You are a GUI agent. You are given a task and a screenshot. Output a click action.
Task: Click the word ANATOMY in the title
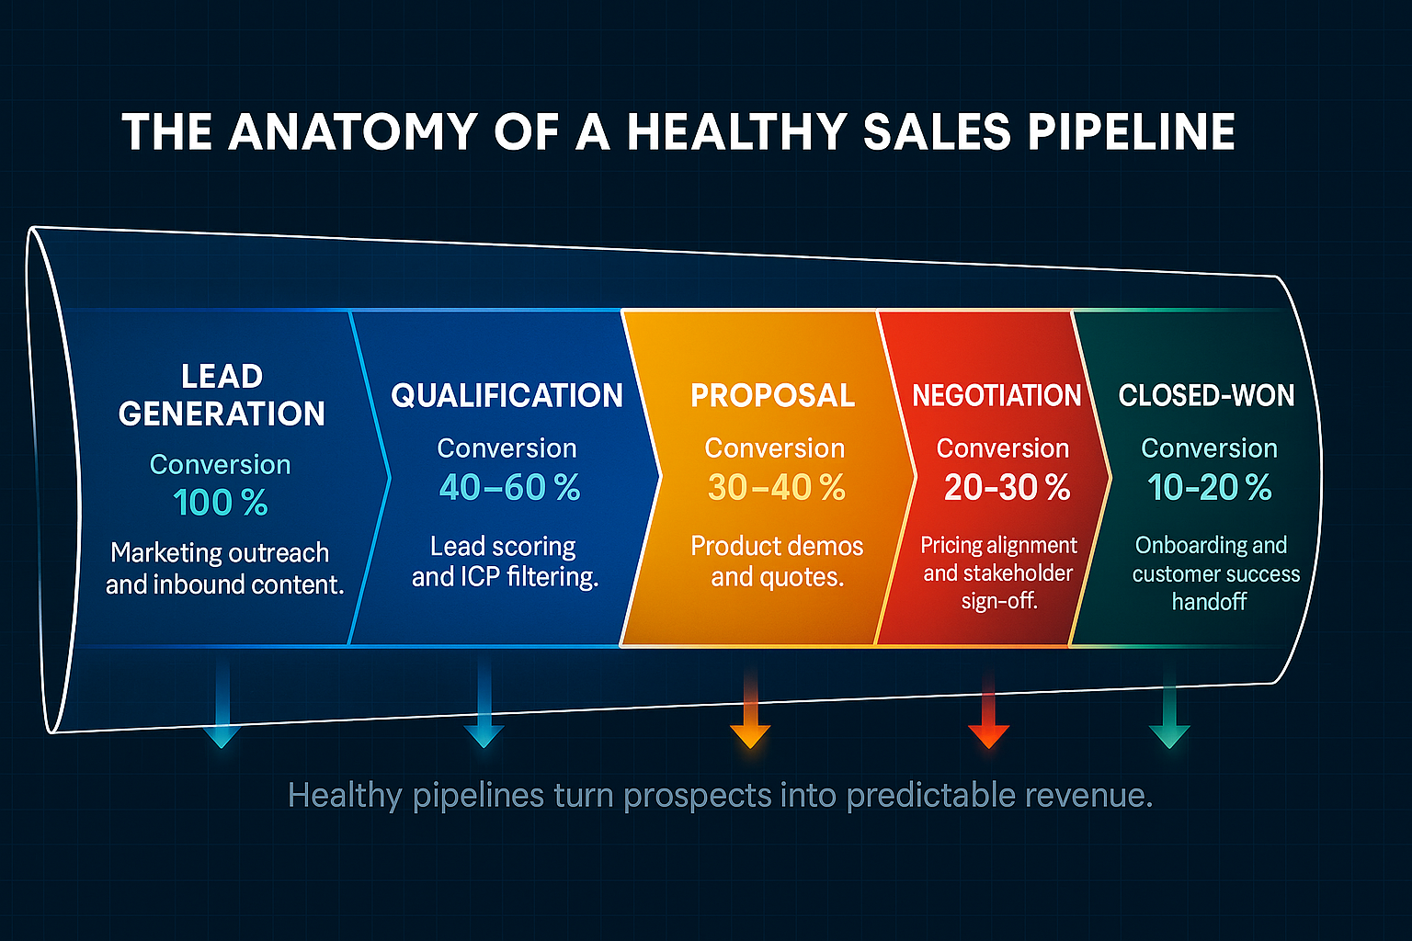pyautogui.click(x=353, y=131)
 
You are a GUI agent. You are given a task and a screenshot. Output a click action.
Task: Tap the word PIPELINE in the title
pyautogui.click(x=1132, y=131)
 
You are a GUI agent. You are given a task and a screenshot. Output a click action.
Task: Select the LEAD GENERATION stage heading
pyautogui.click(x=222, y=395)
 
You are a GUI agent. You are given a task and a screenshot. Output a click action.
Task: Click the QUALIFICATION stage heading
pyautogui.click(x=507, y=395)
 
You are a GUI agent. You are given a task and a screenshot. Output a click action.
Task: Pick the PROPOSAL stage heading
pyautogui.click(x=772, y=395)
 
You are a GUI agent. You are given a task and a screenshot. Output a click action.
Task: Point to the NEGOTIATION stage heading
pyautogui.click(x=996, y=395)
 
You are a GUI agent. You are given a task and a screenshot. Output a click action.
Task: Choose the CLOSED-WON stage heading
pyautogui.click(x=1206, y=395)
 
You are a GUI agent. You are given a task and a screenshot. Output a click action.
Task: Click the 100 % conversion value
pyautogui.click(x=221, y=503)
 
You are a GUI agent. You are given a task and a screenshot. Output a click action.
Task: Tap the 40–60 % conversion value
pyautogui.click(x=509, y=487)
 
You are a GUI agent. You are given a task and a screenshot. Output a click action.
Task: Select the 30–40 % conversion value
pyautogui.click(x=776, y=487)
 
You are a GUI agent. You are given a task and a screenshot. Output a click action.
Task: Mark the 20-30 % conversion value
pyautogui.click(x=1007, y=487)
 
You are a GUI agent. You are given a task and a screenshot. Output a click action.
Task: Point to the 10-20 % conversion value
pyautogui.click(x=1209, y=487)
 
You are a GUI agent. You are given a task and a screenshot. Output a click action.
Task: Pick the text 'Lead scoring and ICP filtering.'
pyautogui.click(x=505, y=561)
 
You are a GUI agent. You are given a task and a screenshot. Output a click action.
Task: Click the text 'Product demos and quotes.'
pyautogui.click(x=777, y=561)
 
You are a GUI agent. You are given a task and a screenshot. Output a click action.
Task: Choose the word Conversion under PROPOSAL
pyautogui.click(x=774, y=448)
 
